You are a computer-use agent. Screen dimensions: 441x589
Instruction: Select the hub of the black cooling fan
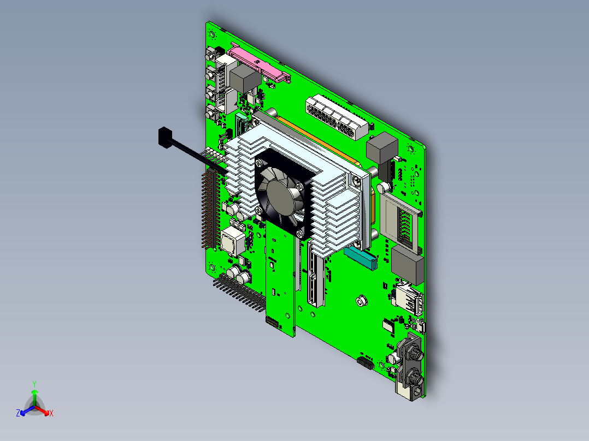(x=281, y=193)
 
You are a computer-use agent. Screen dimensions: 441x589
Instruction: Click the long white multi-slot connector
(x=335, y=117)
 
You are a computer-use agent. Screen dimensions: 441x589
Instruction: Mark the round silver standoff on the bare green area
(x=361, y=301)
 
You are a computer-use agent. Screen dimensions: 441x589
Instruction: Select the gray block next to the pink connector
(x=245, y=79)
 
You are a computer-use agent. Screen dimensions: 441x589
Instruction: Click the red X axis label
(x=51, y=414)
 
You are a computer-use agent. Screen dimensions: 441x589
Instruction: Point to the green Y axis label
(x=34, y=384)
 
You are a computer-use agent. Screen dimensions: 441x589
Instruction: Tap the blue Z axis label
(x=18, y=414)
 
